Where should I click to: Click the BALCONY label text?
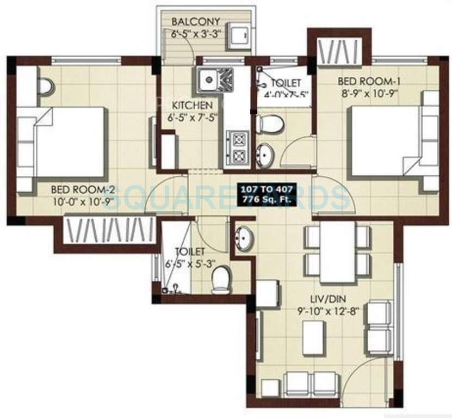click(196, 22)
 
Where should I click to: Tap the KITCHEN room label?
click(189, 105)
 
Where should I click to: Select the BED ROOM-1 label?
click(369, 82)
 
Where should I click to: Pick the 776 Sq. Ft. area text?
click(267, 198)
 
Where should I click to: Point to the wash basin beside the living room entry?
click(243, 237)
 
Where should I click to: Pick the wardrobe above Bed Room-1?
click(339, 52)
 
